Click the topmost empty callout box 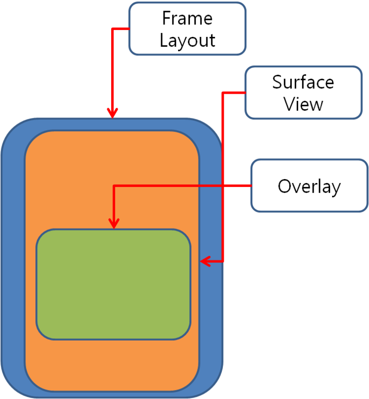click(x=187, y=28)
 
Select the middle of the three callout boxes click(x=303, y=92)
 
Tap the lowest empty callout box click(x=309, y=186)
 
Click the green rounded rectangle click(x=114, y=284)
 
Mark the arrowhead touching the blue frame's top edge click(x=113, y=114)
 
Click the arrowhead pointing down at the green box click(x=114, y=224)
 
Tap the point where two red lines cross click(x=223, y=186)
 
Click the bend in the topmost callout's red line click(x=113, y=29)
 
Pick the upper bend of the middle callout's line click(x=223, y=93)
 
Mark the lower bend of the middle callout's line click(x=223, y=261)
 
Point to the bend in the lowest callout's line click(x=114, y=186)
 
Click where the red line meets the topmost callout click(x=129, y=29)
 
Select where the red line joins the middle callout click(x=245, y=93)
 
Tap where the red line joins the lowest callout click(x=251, y=186)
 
